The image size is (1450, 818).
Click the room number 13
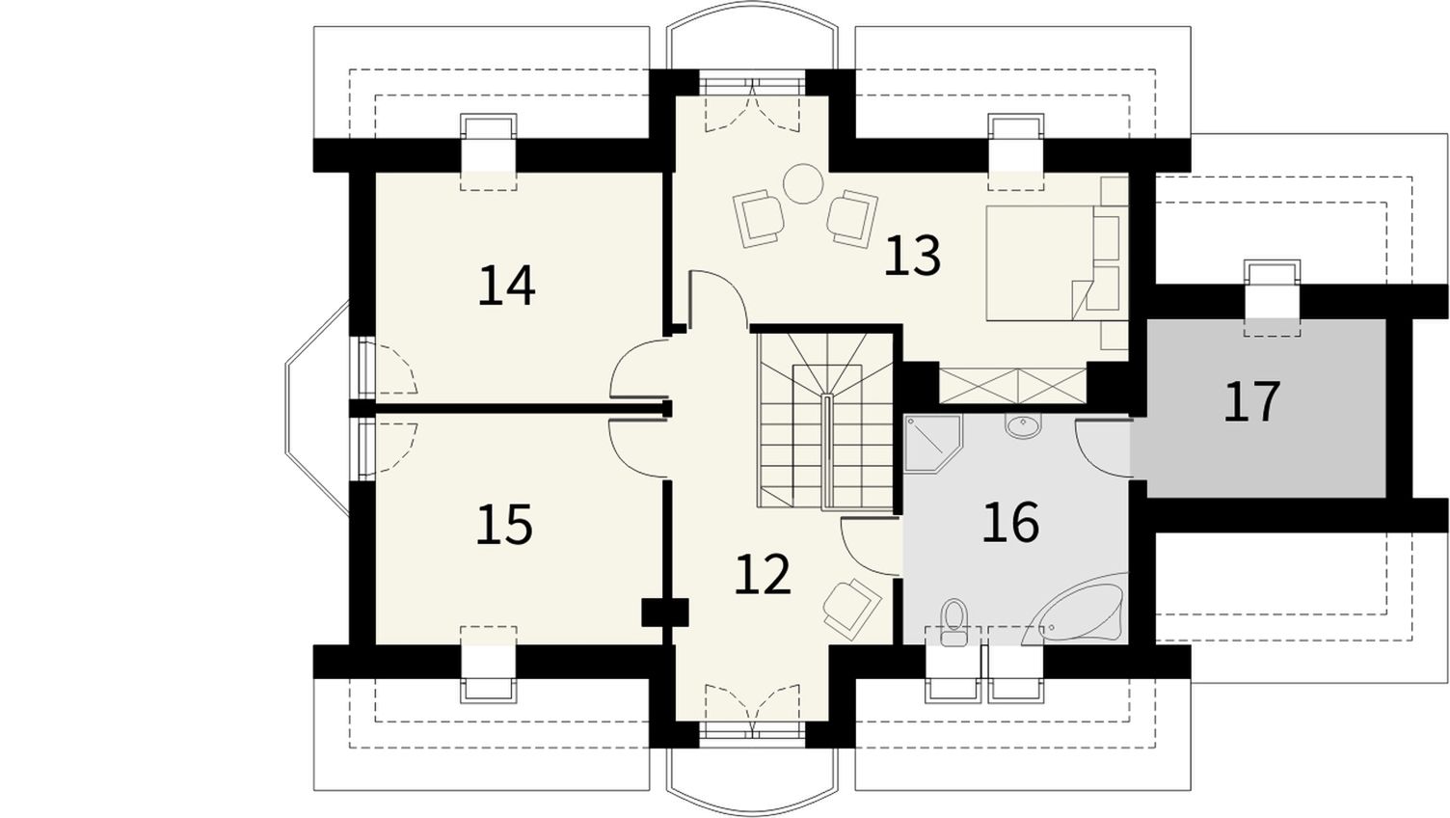911,256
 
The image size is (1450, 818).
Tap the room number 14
506,285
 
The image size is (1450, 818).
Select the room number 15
504,524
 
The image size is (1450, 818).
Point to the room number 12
763,573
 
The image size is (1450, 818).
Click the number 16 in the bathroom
1010,521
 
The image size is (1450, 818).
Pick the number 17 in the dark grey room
1252,401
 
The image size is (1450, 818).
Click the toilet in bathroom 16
953,622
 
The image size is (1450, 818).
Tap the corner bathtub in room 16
1076,609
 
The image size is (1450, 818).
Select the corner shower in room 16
933,445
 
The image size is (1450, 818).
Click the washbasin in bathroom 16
1023,426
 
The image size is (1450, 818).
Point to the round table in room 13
803,184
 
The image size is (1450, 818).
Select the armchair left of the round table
759,218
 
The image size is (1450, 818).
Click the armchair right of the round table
852,219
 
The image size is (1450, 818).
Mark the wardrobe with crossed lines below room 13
1012,386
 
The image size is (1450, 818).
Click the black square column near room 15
665,613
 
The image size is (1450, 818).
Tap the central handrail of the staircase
827,452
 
